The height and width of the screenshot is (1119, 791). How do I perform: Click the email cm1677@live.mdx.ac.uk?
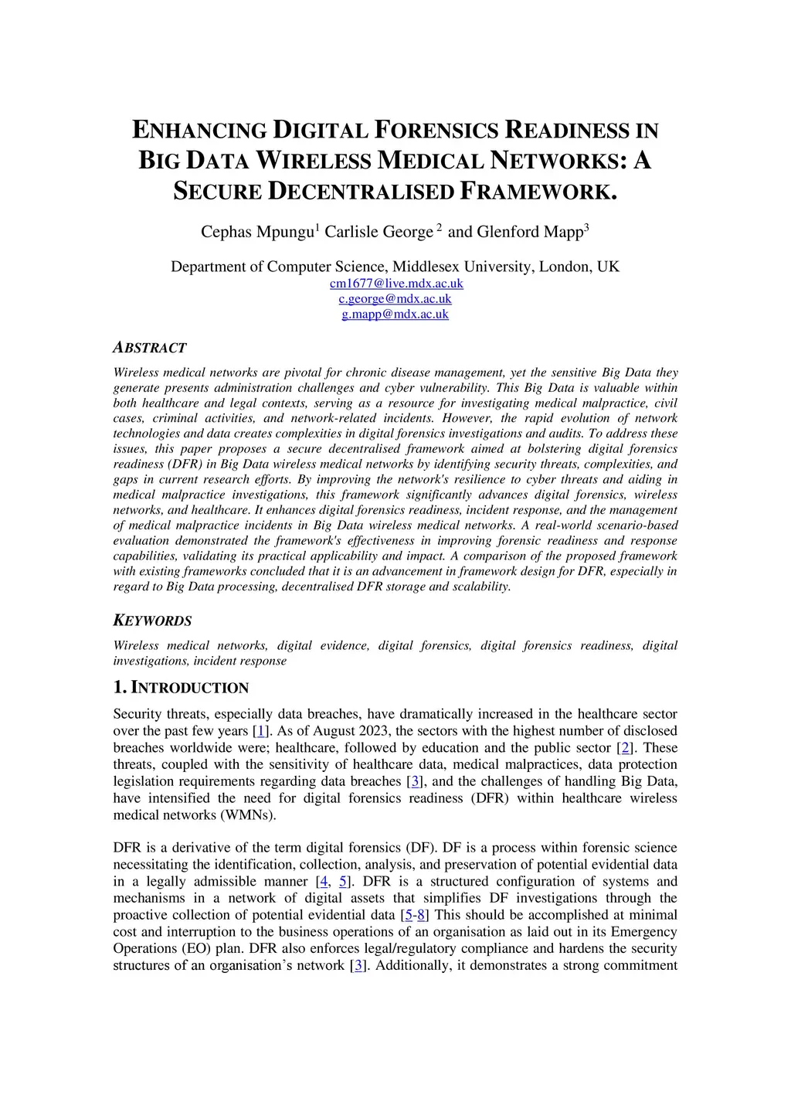(396, 284)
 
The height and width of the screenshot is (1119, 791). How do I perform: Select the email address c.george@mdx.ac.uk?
(395, 299)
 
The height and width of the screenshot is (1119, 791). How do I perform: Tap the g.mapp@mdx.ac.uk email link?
(395, 315)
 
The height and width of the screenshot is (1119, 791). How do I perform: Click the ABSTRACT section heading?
(150, 348)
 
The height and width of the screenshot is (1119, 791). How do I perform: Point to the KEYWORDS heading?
(152, 621)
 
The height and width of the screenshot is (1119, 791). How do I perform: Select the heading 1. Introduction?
(181, 688)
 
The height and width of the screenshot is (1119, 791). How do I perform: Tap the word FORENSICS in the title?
(437, 131)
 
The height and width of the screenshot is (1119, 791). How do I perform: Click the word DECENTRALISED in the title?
(361, 192)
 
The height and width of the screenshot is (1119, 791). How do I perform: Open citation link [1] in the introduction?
(261, 731)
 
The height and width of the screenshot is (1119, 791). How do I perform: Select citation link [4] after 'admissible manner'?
(323, 882)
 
